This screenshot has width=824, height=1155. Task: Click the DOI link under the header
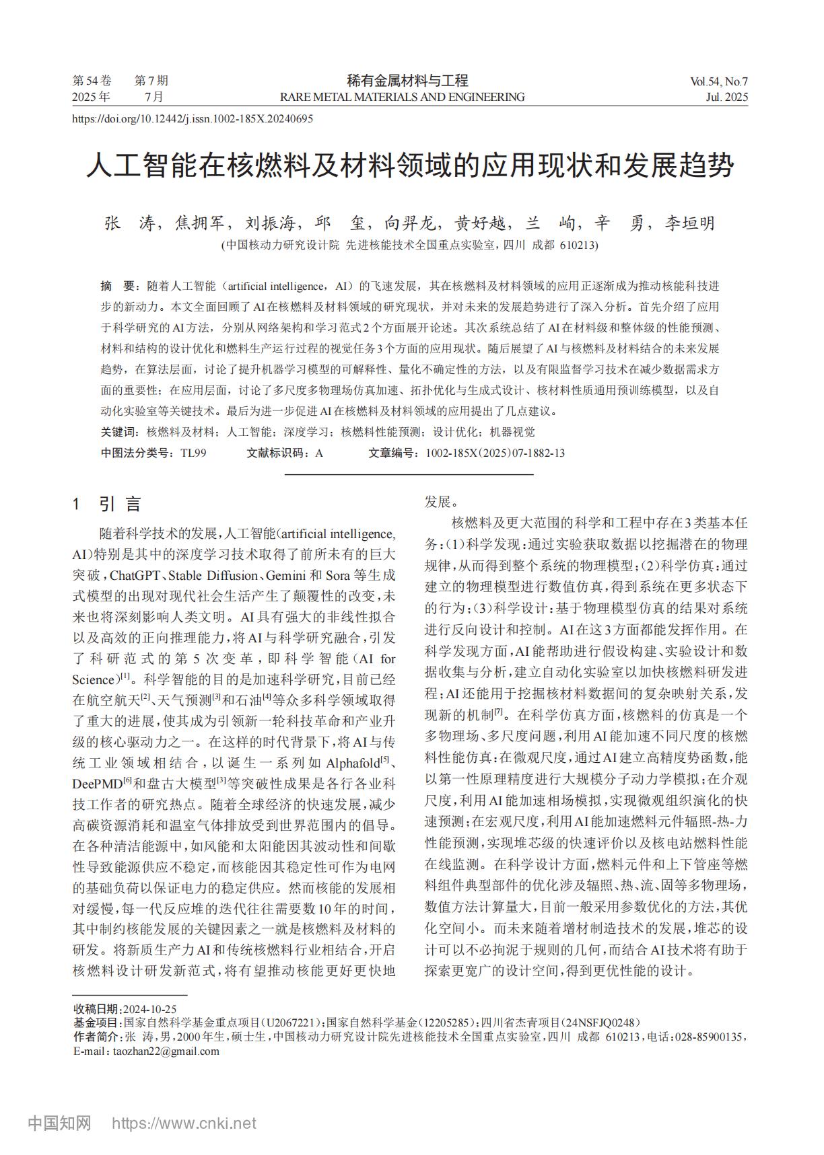point(192,119)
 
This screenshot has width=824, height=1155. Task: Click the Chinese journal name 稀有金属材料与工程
point(407,81)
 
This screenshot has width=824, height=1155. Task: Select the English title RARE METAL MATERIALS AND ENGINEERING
point(402,97)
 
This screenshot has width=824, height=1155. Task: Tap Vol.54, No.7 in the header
point(718,82)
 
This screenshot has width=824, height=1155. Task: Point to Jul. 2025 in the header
point(726,97)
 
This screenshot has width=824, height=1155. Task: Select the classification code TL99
point(193,453)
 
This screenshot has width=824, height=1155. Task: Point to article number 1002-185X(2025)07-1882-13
point(495,453)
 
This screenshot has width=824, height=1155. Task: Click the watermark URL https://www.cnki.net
point(183,1123)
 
